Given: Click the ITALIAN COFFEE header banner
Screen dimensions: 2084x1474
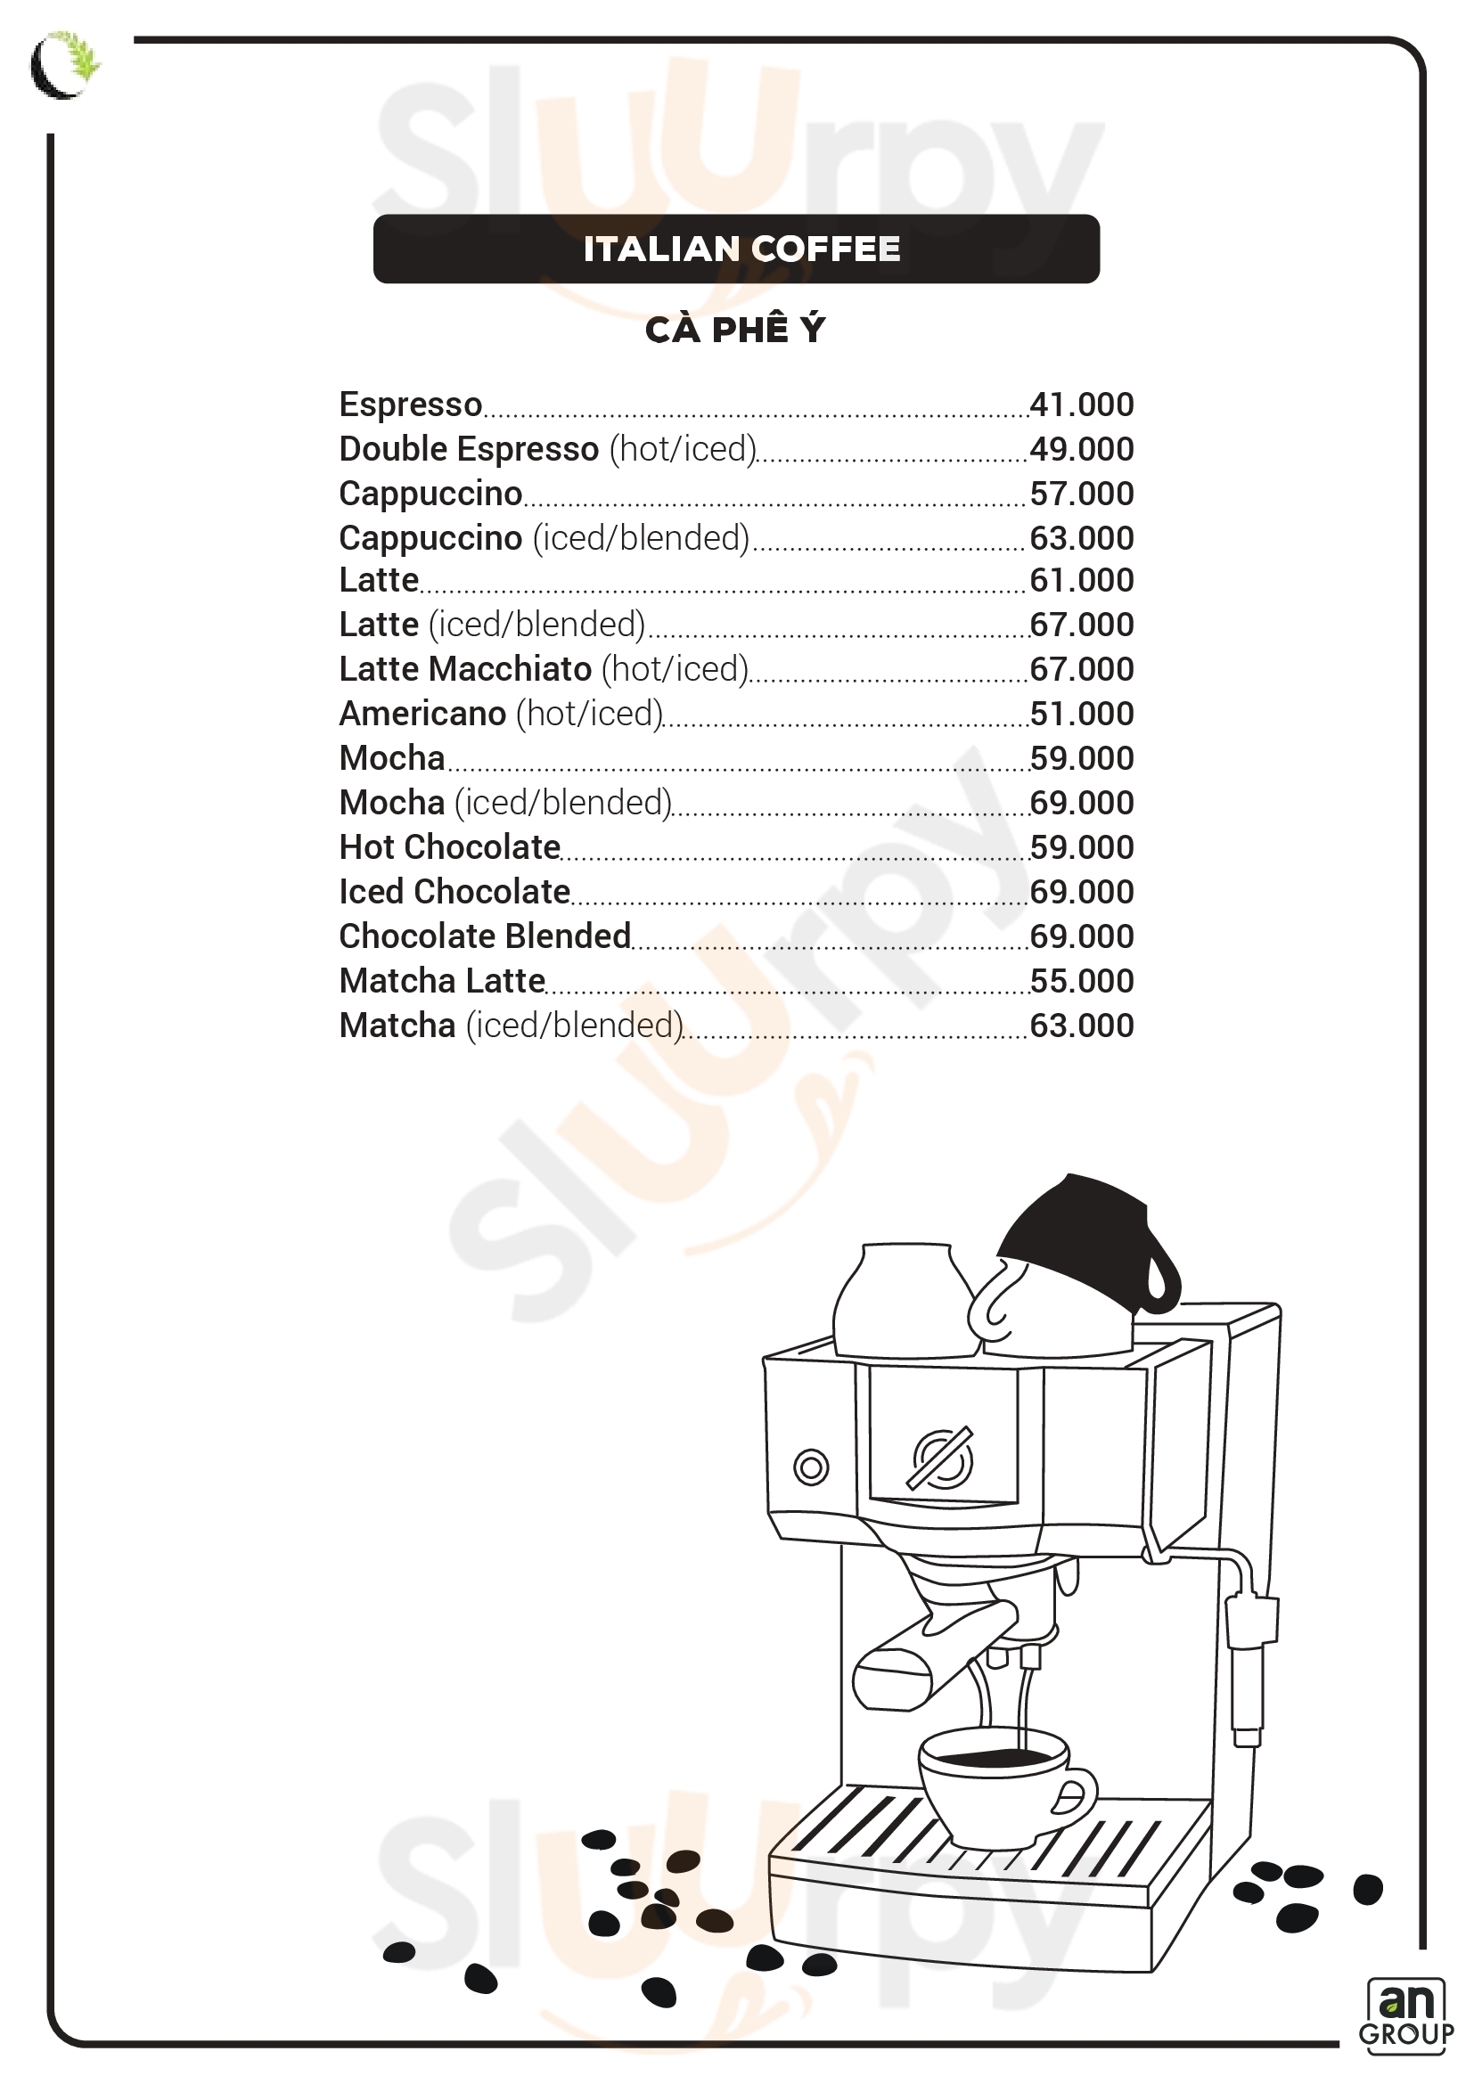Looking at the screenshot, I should [x=736, y=249].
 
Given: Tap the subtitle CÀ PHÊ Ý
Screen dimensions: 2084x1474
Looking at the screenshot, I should [x=735, y=330].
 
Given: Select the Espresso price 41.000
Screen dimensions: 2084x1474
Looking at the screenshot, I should [x=1081, y=405].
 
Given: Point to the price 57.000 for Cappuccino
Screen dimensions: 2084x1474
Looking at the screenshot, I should [x=1081, y=494].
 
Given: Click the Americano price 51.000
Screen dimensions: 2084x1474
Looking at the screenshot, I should [x=1081, y=714].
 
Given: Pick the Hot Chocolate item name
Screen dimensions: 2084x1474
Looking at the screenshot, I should [x=449, y=846].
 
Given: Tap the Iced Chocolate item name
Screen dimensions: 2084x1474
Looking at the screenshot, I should [x=454, y=891].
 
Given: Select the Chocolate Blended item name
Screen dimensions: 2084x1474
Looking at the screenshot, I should [x=485, y=936].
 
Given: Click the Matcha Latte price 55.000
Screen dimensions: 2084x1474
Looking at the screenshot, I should [x=1081, y=980].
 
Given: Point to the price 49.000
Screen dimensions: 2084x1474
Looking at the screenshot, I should [x=1081, y=449].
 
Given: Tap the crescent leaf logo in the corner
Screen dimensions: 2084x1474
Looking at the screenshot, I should [x=63, y=64].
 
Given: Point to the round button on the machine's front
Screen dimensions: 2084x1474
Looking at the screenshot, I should [x=810, y=1467].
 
